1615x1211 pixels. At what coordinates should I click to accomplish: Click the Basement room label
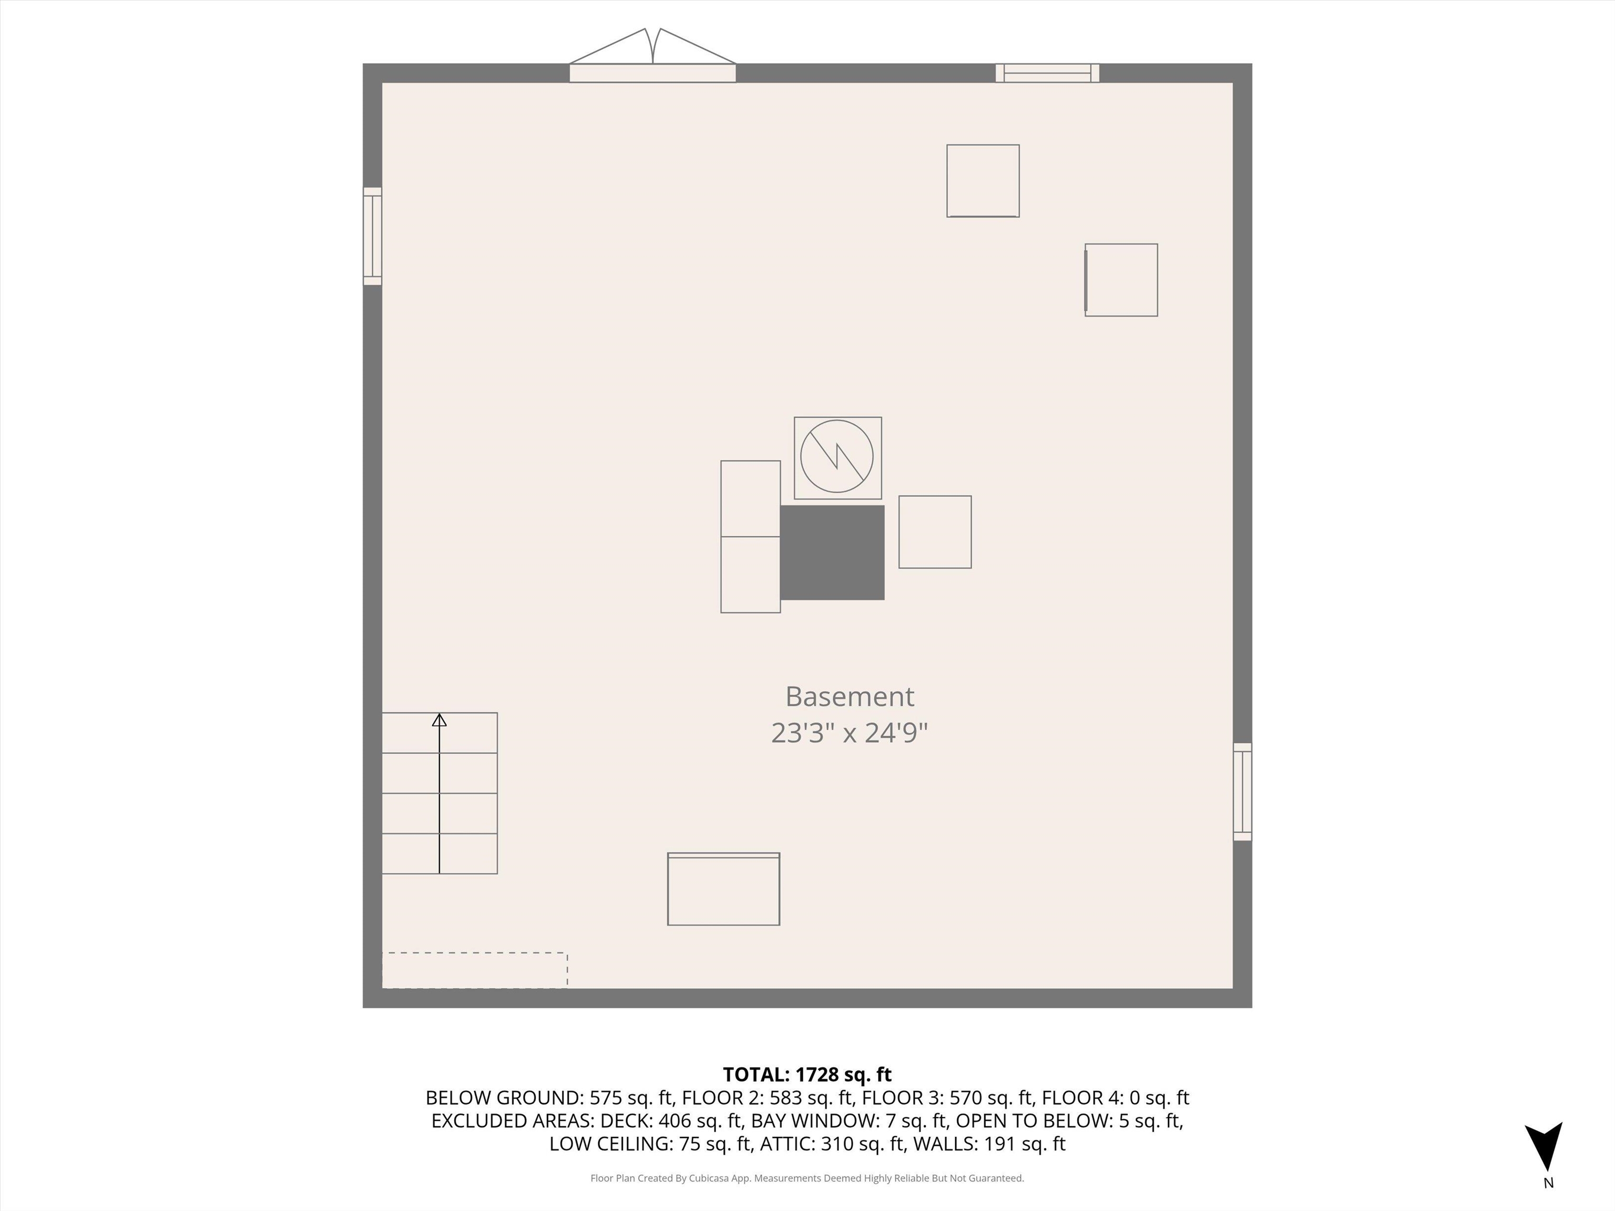[849, 697]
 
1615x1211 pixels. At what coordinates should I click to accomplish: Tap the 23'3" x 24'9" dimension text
[849, 733]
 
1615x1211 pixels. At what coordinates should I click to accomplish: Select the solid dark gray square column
[832, 552]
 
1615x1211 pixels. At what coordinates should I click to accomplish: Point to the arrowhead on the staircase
[439, 721]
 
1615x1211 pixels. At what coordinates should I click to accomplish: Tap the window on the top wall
[1048, 73]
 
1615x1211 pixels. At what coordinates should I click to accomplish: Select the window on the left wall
[372, 236]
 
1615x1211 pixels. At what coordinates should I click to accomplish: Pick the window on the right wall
[1242, 792]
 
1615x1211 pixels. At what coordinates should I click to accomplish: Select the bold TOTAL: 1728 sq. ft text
[807, 1074]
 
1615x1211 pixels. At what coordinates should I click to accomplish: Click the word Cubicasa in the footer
[710, 1178]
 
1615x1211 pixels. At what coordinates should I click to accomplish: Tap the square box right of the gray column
[935, 532]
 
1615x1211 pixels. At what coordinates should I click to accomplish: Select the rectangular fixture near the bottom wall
[723, 889]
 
